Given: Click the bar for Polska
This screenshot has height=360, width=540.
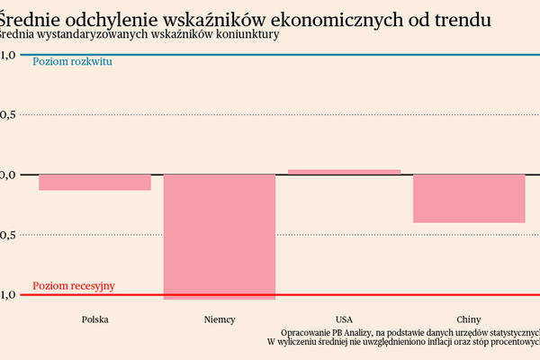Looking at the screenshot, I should tap(94, 182).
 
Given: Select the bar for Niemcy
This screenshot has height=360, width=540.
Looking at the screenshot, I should tap(219, 236).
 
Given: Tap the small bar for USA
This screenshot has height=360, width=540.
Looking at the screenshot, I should tap(344, 171).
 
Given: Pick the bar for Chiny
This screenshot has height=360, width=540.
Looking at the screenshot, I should tap(468, 198).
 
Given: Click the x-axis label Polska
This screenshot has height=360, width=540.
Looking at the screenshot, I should tap(95, 319).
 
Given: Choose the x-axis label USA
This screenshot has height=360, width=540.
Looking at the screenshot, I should tap(344, 319).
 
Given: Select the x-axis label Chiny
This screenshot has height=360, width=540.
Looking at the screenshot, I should tap(468, 319).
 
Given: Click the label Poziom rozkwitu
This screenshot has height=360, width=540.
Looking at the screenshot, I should tap(72, 62).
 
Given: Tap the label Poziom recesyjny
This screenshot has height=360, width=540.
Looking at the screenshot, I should tap(74, 286).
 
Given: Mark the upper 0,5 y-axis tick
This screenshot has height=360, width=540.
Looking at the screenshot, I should tap(8, 114).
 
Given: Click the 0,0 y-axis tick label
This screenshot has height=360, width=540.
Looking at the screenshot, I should tap(8, 175).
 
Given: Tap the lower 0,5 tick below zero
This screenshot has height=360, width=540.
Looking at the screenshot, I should tap(8, 235).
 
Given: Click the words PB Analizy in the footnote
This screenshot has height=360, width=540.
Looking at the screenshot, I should tap(352, 331).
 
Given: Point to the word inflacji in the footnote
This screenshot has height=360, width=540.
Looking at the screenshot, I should tap(427, 343).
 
